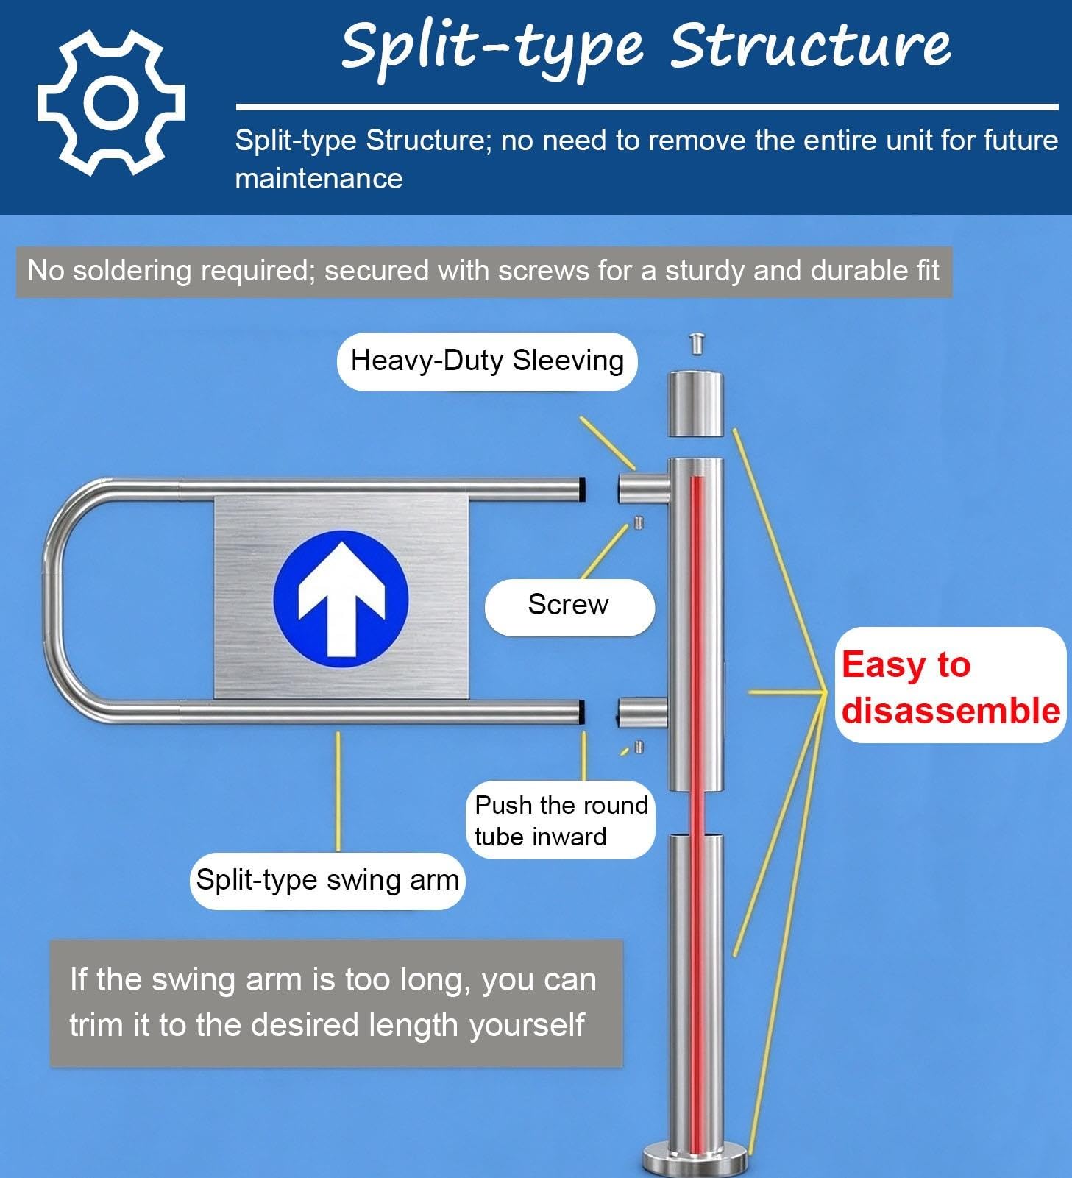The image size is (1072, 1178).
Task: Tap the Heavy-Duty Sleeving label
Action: [487, 361]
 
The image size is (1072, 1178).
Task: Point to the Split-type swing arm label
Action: [327, 881]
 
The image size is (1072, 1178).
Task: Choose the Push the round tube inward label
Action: [561, 820]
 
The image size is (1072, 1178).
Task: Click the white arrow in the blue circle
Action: [341, 599]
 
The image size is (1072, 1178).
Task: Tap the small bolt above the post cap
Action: [696, 344]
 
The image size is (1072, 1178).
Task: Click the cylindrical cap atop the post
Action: [695, 404]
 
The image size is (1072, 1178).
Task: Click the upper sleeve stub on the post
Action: [643, 489]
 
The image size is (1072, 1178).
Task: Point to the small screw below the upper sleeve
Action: [639, 523]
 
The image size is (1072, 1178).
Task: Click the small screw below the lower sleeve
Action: [639, 748]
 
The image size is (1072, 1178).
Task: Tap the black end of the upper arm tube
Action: [581, 489]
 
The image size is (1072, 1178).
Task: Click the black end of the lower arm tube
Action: [581, 712]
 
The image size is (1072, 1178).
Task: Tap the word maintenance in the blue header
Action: [319, 179]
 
